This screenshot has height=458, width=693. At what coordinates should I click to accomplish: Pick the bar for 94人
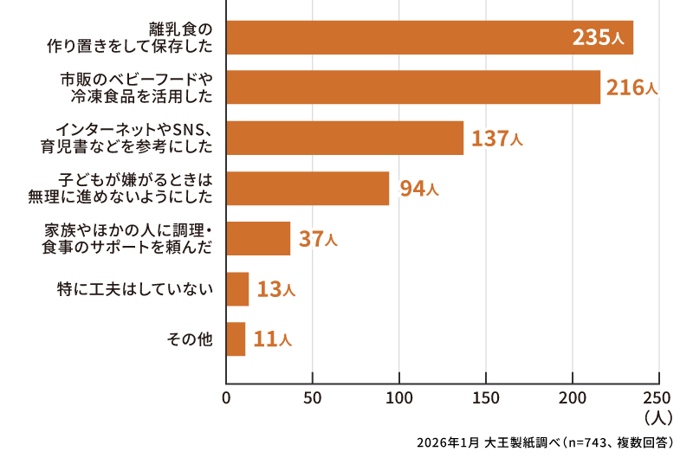(308, 188)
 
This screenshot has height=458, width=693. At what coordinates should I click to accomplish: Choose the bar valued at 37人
(258, 238)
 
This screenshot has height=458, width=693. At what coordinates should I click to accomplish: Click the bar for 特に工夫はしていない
(237, 289)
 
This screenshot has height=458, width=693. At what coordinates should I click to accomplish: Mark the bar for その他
(236, 339)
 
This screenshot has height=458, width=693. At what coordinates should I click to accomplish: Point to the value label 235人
(598, 38)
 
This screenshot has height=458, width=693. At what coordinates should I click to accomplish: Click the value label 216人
(632, 87)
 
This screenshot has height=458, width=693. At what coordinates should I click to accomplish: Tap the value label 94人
(418, 188)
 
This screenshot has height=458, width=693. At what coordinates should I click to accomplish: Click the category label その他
(189, 339)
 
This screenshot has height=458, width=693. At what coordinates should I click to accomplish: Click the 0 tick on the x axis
(226, 399)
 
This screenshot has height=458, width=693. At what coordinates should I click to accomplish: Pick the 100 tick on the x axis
(399, 399)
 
